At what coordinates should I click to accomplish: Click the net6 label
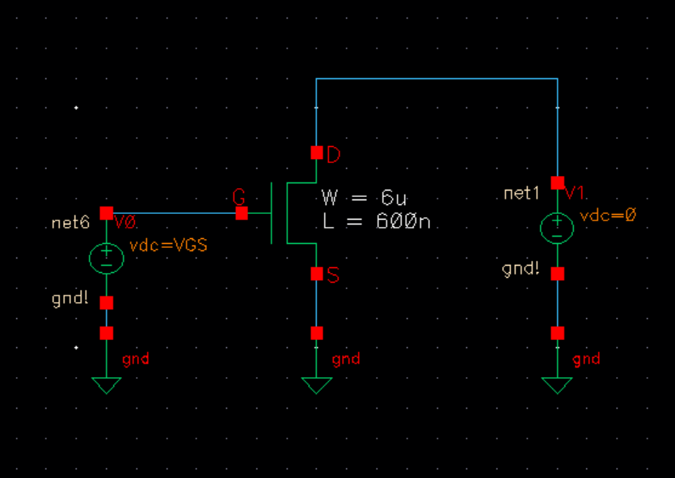[x=70, y=223]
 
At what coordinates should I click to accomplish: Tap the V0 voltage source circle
[x=106, y=258]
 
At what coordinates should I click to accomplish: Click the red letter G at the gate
[x=238, y=196]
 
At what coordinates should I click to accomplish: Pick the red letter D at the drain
[x=333, y=155]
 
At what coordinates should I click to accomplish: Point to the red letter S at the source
[x=333, y=275]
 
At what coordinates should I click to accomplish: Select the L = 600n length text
[x=376, y=223]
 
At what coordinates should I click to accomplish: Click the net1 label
[x=521, y=194]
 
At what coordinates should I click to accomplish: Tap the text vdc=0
[x=609, y=216]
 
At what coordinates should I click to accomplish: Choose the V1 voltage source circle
[x=557, y=227]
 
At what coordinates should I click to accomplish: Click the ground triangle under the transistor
[x=316, y=385]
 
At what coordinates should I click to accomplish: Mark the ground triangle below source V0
[x=106, y=385]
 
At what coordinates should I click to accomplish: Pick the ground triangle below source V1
[x=557, y=385]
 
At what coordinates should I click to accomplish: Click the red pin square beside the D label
[x=316, y=153]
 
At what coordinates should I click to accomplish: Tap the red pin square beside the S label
[x=316, y=274]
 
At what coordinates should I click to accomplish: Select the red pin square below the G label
[x=241, y=213]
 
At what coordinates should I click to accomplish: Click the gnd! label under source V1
[x=521, y=269]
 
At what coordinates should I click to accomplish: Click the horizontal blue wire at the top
[x=437, y=78]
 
